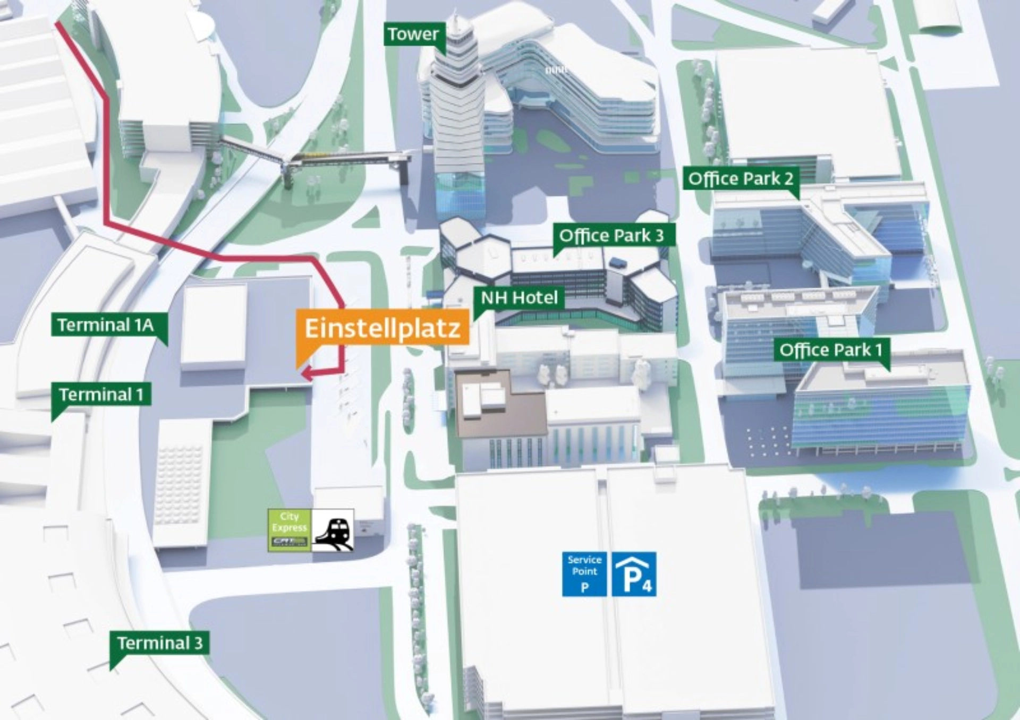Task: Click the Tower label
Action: [x=413, y=35]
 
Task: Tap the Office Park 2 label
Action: [x=740, y=179]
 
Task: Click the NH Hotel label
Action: [x=519, y=297]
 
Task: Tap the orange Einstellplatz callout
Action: [x=382, y=328]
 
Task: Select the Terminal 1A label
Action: [x=105, y=324]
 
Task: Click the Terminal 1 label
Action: [x=101, y=395]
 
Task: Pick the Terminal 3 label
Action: [x=159, y=643]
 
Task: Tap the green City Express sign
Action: [x=290, y=530]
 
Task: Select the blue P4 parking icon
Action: [x=634, y=575]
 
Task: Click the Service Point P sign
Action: [x=584, y=575]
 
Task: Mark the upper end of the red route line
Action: [x=57, y=24]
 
